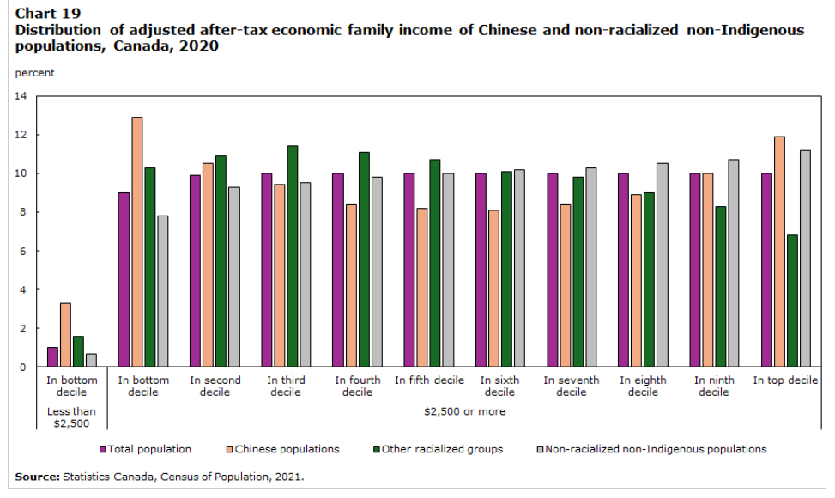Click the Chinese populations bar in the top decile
pyautogui.click(x=779, y=252)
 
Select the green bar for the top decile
pyautogui.click(x=792, y=301)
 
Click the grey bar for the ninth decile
pyautogui.click(x=734, y=263)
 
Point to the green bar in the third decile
pyautogui.click(x=293, y=256)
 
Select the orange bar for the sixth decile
pyautogui.click(x=494, y=288)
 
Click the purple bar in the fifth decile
pyautogui.click(x=409, y=270)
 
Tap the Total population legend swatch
pyautogui.click(x=102, y=449)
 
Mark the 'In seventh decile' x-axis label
pyautogui.click(x=571, y=386)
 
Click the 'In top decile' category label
pyautogui.click(x=785, y=380)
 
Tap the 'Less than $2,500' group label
pyautogui.click(x=71, y=417)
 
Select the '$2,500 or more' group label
pyautogui.click(x=464, y=411)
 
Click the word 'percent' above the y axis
pyautogui.click(x=34, y=73)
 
